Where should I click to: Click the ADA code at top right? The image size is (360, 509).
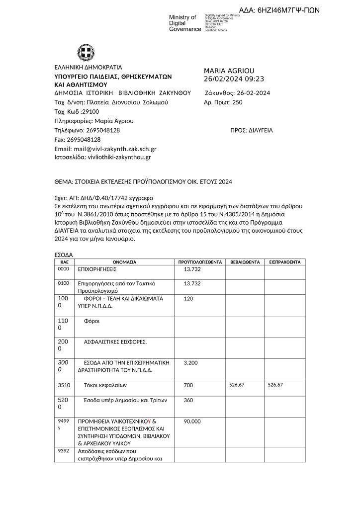pyautogui.click(x=279, y=10)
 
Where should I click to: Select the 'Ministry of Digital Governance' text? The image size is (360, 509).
pyautogui.click(x=185, y=23)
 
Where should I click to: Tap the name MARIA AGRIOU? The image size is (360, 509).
pyautogui.click(x=229, y=71)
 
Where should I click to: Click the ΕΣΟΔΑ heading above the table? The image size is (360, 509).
pyautogui.click(x=63, y=254)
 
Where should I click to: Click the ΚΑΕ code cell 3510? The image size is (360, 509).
pyautogui.click(x=64, y=385)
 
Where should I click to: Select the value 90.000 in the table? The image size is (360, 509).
pyautogui.click(x=192, y=422)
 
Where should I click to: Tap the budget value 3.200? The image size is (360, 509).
pyautogui.click(x=191, y=363)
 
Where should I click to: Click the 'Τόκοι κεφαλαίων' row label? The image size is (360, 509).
pyautogui.click(x=106, y=385)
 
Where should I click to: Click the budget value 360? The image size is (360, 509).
pyautogui.click(x=188, y=401)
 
